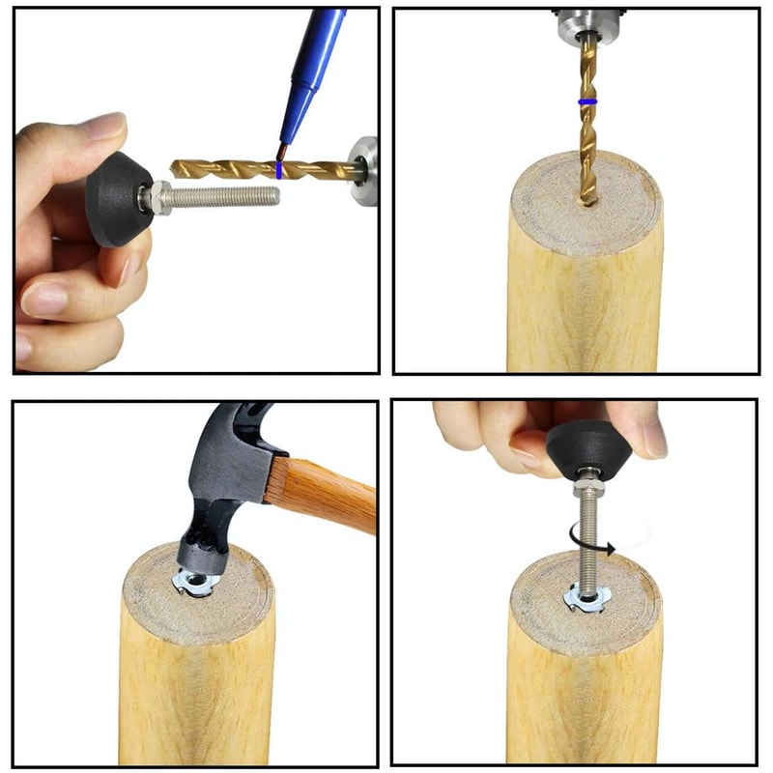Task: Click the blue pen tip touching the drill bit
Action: pos(282,154)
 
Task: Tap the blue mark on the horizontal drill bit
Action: pos(279,170)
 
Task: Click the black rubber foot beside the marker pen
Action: pos(116,197)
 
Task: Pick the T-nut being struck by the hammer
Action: pos(193,583)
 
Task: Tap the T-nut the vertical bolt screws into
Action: pos(584,602)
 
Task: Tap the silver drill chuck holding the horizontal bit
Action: pos(365,170)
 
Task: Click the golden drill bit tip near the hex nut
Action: pos(180,168)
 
